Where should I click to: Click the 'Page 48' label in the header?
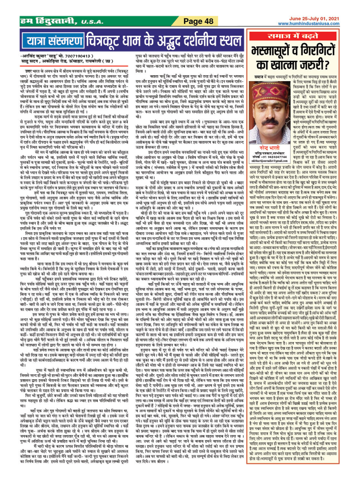pyautogui.click(x=198, y=21)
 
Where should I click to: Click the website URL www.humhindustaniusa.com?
pyautogui.click(x=308, y=24)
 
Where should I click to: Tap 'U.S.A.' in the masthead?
pyautogui.click(x=92, y=22)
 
